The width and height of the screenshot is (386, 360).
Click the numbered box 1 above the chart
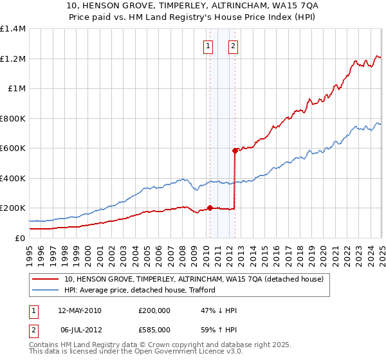click(x=208, y=46)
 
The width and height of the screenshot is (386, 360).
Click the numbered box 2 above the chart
click(x=232, y=46)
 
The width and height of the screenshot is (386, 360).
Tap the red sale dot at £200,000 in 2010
click(x=210, y=208)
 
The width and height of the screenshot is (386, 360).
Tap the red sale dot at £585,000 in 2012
click(x=235, y=150)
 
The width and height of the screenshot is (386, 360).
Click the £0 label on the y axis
click(x=21, y=238)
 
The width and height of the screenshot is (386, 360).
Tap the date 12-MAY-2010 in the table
click(x=80, y=310)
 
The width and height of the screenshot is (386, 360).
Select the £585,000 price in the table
click(x=154, y=330)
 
